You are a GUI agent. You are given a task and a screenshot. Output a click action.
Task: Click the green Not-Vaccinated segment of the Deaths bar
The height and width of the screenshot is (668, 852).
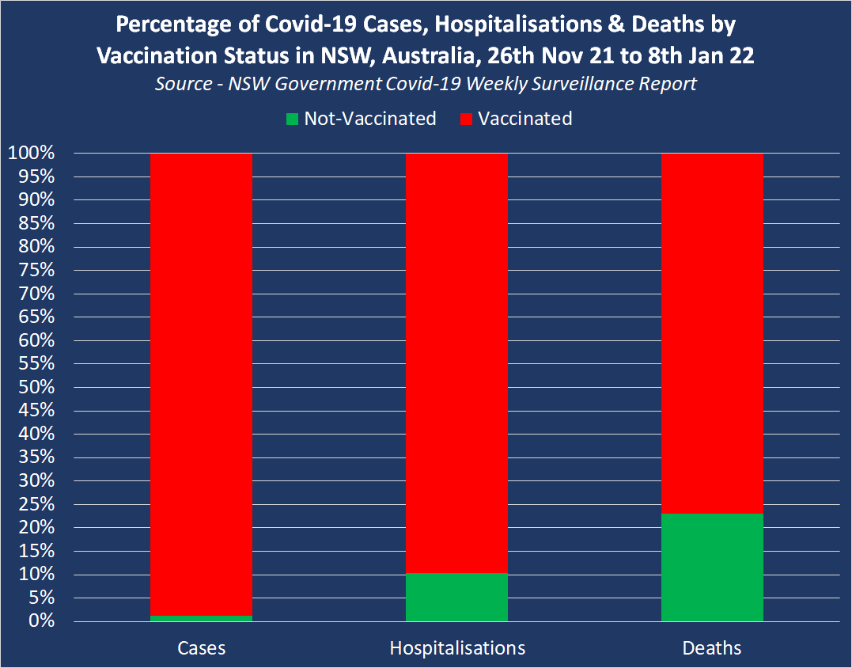click(x=712, y=567)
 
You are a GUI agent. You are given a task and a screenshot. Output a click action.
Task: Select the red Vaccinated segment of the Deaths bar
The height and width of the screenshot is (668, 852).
click(x=712, y=332)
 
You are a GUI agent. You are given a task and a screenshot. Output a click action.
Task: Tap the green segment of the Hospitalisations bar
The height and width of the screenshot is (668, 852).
click(x=456, y=597)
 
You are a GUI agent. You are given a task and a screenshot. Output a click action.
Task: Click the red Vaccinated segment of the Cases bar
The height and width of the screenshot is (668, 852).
click(x=201, y=380)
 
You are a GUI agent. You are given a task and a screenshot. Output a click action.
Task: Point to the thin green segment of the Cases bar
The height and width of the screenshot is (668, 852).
click(x=201, y=618)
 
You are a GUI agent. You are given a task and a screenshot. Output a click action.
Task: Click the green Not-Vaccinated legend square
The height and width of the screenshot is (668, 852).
click(x=293, y=120)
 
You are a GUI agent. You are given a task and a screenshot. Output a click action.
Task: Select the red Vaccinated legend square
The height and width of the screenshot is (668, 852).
click(x=466, y=120)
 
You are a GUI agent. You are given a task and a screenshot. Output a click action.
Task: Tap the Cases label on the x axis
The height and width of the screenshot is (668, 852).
click(x=201, y=648)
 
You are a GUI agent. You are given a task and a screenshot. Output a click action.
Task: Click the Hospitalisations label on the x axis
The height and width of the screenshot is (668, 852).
click(x=457, y=648)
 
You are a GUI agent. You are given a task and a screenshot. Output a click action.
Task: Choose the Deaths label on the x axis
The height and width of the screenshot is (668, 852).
click(x=712, y=648)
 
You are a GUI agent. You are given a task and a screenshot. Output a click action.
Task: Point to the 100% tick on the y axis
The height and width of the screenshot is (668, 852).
click(x=32, y=153)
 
